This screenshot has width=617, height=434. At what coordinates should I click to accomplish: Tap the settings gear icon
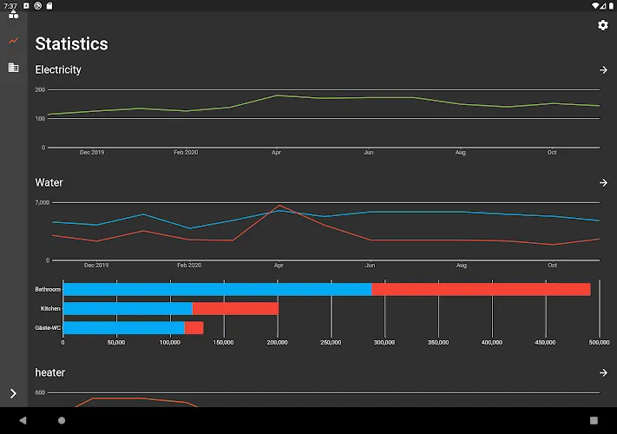603,25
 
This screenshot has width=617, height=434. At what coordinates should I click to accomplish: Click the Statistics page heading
72,43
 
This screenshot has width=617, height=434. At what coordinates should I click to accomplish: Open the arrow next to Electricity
603,70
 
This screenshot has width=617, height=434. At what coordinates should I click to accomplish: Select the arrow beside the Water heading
603,182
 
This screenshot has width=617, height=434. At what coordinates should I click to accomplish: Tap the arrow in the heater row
603,372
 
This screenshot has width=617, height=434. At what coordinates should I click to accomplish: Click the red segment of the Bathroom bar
481,289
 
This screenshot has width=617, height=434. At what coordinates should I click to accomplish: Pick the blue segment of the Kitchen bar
128,308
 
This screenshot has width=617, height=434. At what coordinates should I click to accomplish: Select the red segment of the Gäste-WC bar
194,328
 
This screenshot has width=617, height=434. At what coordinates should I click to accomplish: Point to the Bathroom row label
48,289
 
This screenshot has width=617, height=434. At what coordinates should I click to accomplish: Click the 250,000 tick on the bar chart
331,342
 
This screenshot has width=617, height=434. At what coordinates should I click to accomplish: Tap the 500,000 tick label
600,342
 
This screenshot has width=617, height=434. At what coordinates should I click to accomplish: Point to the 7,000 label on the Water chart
43,202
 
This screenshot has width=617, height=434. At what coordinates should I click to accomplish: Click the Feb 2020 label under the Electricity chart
186,152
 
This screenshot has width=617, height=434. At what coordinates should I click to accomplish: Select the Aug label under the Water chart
462,266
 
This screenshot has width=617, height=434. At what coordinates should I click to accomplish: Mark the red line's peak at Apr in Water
279,206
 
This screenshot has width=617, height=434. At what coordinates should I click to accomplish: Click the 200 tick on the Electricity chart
40,89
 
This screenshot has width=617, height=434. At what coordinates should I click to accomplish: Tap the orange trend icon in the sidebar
13,41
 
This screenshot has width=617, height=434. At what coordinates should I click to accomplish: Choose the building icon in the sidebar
13,68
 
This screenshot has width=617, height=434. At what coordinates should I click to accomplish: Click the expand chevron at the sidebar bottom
13,393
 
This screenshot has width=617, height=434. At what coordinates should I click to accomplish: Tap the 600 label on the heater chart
40,392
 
